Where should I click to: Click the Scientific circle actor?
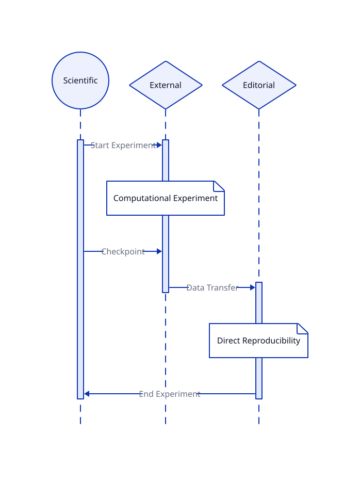point(80,81)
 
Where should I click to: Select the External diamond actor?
point(166,85)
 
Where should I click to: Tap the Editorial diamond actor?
point(259,85)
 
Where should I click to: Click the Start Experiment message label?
point(123,145)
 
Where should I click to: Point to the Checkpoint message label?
point(123,251)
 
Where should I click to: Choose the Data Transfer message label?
point(212,287)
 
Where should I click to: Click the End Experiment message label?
point(170,394)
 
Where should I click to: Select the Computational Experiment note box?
point(166,198)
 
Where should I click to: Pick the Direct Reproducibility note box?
point(258,341)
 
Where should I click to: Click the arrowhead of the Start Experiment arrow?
point(159,145)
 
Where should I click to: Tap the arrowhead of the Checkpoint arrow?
point(159,251)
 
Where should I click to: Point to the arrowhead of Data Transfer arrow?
point(253,287)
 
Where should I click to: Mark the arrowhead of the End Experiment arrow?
point(87,394)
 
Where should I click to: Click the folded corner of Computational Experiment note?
point(219,186)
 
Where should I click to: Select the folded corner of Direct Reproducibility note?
point(302,329)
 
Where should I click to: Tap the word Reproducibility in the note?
point(271,341)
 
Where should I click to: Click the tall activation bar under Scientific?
point(80,269)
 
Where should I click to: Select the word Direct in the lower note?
point(228,341)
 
